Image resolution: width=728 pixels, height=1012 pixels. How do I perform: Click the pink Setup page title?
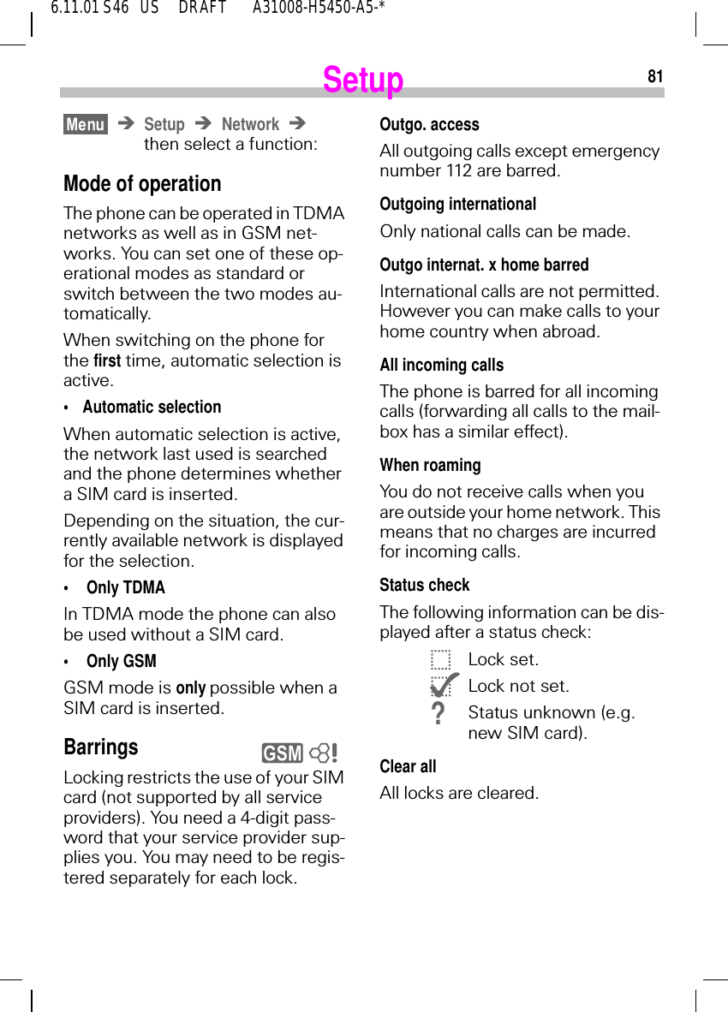pyautogui.click(x=363, y=80)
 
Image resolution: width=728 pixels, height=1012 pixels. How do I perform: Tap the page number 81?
pyautogui.click(x=654, y=76)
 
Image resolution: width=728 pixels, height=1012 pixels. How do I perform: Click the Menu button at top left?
pyautogui.click(x=86, y=124)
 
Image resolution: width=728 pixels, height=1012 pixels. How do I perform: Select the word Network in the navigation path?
pyautogui.click(x=250, y=124)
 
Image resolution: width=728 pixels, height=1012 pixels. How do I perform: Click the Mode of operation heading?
pyautogui.click(x=142, y=184)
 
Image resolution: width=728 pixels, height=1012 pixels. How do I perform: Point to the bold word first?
pyautogui.click(x=106, y=360)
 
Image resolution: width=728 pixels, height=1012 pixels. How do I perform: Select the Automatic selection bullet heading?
pyautogui.click(x=152, y=407)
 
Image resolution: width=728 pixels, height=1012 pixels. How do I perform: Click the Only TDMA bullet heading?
pyautogui.click(x=126, y=587)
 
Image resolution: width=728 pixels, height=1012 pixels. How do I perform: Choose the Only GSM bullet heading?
pyautogui.click(x=122, y=661)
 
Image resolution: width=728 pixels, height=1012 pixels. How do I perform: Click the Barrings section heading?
pyautogui.click(x=101, y=747)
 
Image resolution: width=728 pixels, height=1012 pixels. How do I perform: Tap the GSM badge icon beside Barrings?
pyautogui.click(x=283, y=753)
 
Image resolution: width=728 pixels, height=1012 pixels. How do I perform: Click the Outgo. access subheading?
pyautogui.click(x=429, y=124)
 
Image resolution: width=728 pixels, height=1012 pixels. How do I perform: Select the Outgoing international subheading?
pyautogui.click(x=458, y=204)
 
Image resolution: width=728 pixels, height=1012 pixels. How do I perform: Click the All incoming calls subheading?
pyautogui.click(x=442, y=365)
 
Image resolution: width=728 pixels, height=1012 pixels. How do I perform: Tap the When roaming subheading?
pyautogui.click(x=431, y=465)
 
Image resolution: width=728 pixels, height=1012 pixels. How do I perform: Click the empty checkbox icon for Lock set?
pyautogui.click(x=440, y=660)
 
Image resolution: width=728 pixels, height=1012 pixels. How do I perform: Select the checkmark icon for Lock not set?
pyautogui.click(x=444, y=686)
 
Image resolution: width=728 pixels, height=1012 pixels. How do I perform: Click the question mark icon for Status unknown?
pyautogui.click(x=439, y=713)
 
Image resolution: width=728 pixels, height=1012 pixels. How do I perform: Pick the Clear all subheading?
pyautogui.click(x=409, y=766)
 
